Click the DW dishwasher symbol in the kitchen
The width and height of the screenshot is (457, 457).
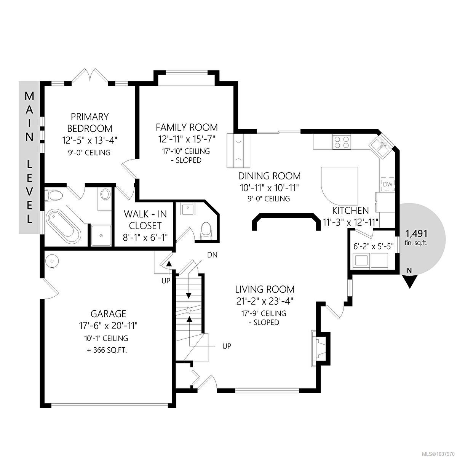[x=388, y=184]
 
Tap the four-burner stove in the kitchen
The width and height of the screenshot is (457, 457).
[x=342, y=142]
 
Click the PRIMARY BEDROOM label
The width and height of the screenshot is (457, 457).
[x=90, y=123]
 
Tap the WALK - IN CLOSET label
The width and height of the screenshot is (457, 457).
[x=145, y=220]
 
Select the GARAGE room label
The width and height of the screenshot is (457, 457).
[x=109, y=314]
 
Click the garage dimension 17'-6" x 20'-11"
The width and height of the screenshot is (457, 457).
[x=109, y=326]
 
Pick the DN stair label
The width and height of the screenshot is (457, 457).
[x=212, y=255]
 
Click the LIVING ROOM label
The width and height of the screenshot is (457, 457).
[x=265, y=289]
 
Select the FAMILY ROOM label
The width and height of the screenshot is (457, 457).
[x=187, y=127]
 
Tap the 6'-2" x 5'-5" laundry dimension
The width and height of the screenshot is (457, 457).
[x=373, y=246]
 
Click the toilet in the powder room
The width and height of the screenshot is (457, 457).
[x=205, y=231]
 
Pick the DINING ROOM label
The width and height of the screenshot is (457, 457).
[x=269, y=176]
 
